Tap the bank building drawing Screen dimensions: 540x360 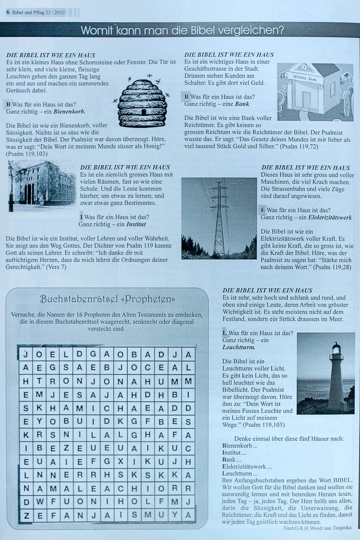click(x=315, y=92)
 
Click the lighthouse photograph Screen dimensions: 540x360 click(x=326, y=373)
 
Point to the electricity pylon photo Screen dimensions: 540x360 click(x=219, y=218)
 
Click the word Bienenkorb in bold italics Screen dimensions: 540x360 click(x=69, y=111)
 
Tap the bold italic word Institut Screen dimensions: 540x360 click(x=136, y=224)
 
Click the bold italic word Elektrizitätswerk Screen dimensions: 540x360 click(x=330, y=218)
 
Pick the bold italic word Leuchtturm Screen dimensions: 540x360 click(x=239, y=347)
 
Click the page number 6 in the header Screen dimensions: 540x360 click(x=8, y=12)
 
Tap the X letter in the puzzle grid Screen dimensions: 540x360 click(x=120, y=461)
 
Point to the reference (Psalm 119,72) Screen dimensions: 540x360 click(x=299, y=147)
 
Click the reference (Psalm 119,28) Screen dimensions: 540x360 click(x=332, y=267)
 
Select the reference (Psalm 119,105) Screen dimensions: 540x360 click(x=264, y=425)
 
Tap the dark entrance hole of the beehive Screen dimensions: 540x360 click(x=144, y=111)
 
